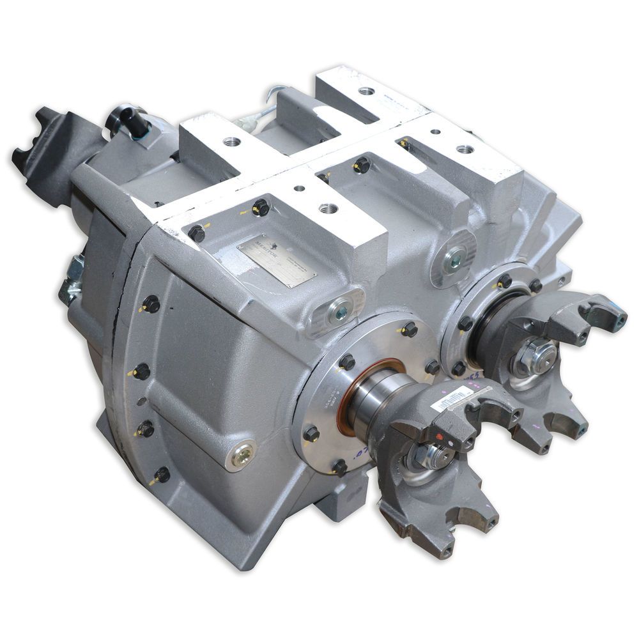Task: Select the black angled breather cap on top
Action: pyautogui.click(x=125, y=121)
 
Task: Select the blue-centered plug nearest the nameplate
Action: pyautogui.click(x=338, y=312)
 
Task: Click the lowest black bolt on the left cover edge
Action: pyautogui.click(x=162, y=475)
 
